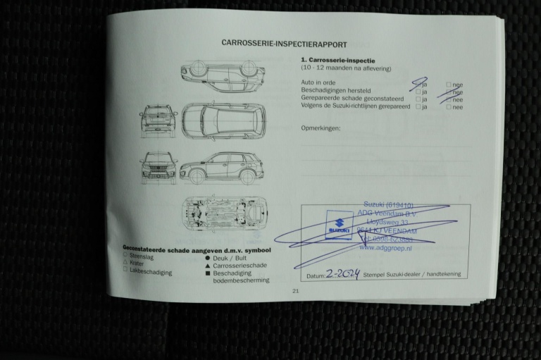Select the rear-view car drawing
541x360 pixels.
coord(158,120)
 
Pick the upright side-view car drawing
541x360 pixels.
coord(221,168)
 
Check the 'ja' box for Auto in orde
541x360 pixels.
coord(418,84)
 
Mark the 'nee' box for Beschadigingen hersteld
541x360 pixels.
coord(449,92)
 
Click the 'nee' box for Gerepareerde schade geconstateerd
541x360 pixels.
coord(449,99)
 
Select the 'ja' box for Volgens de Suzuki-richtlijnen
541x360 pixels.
coord(418,107)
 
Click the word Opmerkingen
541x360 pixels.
coord(321,128)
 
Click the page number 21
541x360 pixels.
coord(295,290)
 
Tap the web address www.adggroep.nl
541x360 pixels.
coord(385,248)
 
